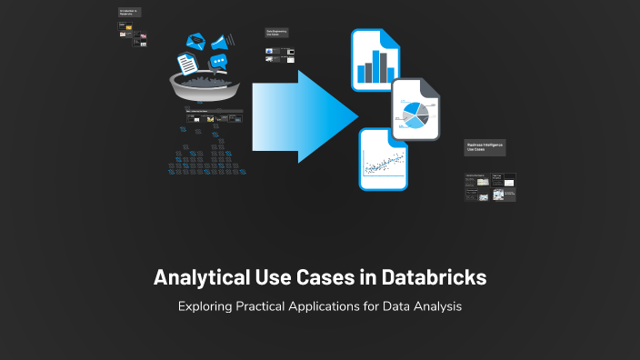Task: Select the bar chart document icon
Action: pyautogui.click(x=377, y=58)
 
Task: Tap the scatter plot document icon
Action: pyautogui.click(x=383, y=160)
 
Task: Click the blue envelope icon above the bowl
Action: pyautogui.click(x=195, y=41)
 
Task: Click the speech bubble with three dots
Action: pyautogui.click(x=218, y=62)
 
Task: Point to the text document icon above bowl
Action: pyautogui.click(x=187, y=63)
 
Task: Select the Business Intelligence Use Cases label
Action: pyautogui.click(x=485, y=146)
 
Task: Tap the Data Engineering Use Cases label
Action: pyautogui.click(x=276, y=33)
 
